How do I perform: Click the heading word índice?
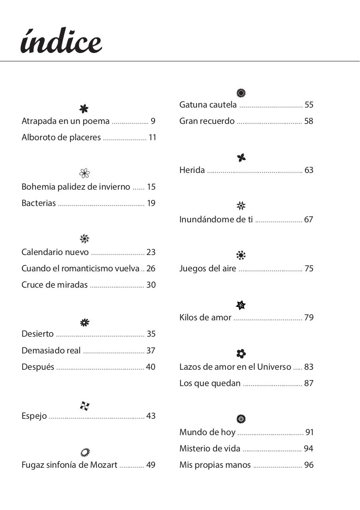(61, 41)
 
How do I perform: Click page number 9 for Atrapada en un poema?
(153, 121)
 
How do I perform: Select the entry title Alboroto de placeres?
(61, 137)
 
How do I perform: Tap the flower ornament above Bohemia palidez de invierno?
(84, 173)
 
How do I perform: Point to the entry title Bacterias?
(39, 203)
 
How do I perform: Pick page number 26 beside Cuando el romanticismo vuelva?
(151, 269)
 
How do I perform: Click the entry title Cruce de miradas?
(55, 285)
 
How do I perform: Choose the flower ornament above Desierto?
(85, 322)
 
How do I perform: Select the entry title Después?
(38, 367)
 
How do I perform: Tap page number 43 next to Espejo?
(151, 416)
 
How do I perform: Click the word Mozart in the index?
(104, 465)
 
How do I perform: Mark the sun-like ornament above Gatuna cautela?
(241, 93)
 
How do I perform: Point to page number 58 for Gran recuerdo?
(309, 121)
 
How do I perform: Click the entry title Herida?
(192, 170)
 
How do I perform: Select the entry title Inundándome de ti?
(216, 220)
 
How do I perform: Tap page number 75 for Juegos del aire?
(309, 269)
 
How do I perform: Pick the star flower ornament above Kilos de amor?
(241, 305)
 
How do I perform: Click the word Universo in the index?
(274, 367)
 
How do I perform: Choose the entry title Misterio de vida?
(210, 449)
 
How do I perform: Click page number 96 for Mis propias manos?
(309, 465)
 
